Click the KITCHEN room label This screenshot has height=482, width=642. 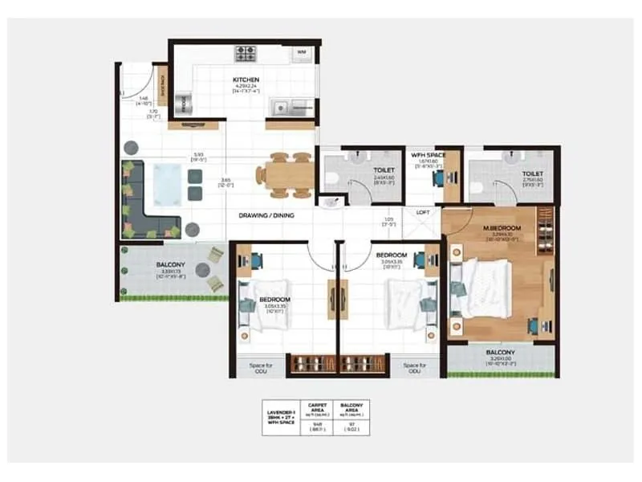pyautogui.click(x=245, y=80)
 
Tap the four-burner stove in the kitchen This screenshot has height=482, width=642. pyautogui.click(x=245, y=55)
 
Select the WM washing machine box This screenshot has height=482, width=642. pyautogui.click(x=302, y=53)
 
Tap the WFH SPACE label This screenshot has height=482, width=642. pyautogui.click(x=428, y=153)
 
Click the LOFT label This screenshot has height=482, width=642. pyautogui.click(x=423, y=212)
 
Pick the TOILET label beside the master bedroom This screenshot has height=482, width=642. pyautogui.click(x=532, y=174)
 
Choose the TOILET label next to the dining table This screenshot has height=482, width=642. pyautogui.click(x=383, y=171)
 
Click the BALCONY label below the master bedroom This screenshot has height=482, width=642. pyautogui.click(x=500, y=353)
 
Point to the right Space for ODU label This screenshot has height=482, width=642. pyautogui.click(x=414, y=368)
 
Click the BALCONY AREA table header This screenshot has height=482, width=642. pyautogui.click(x=351, y=408)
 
